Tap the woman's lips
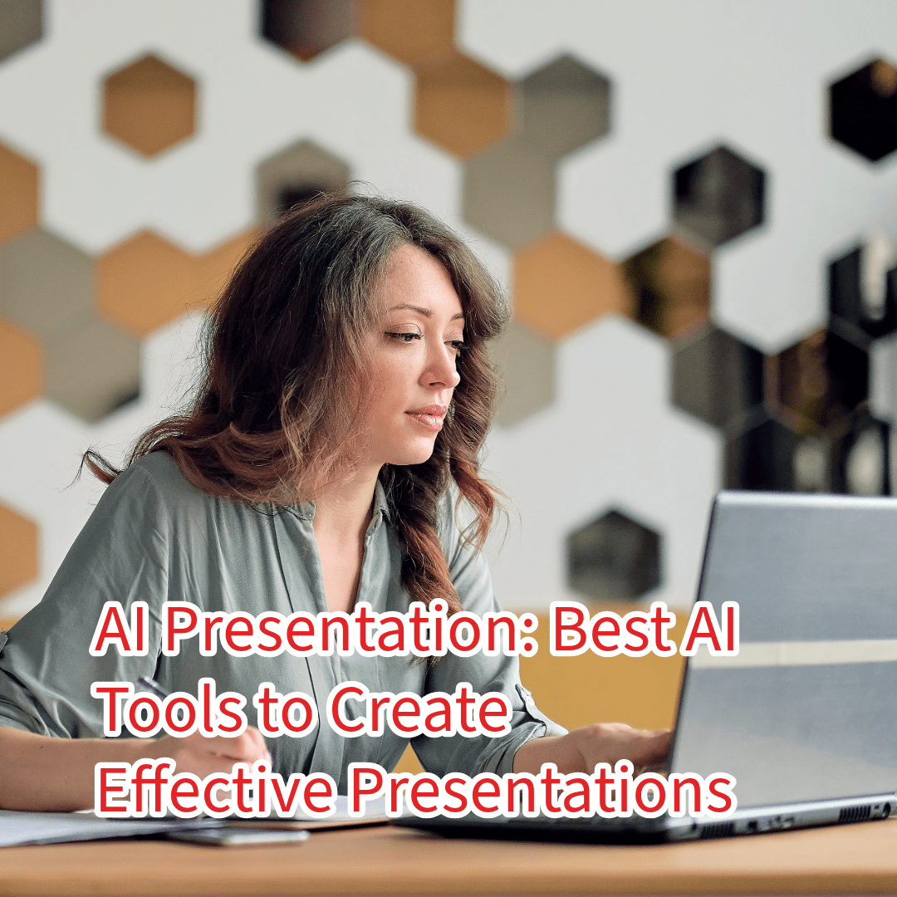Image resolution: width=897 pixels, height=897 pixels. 431,415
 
